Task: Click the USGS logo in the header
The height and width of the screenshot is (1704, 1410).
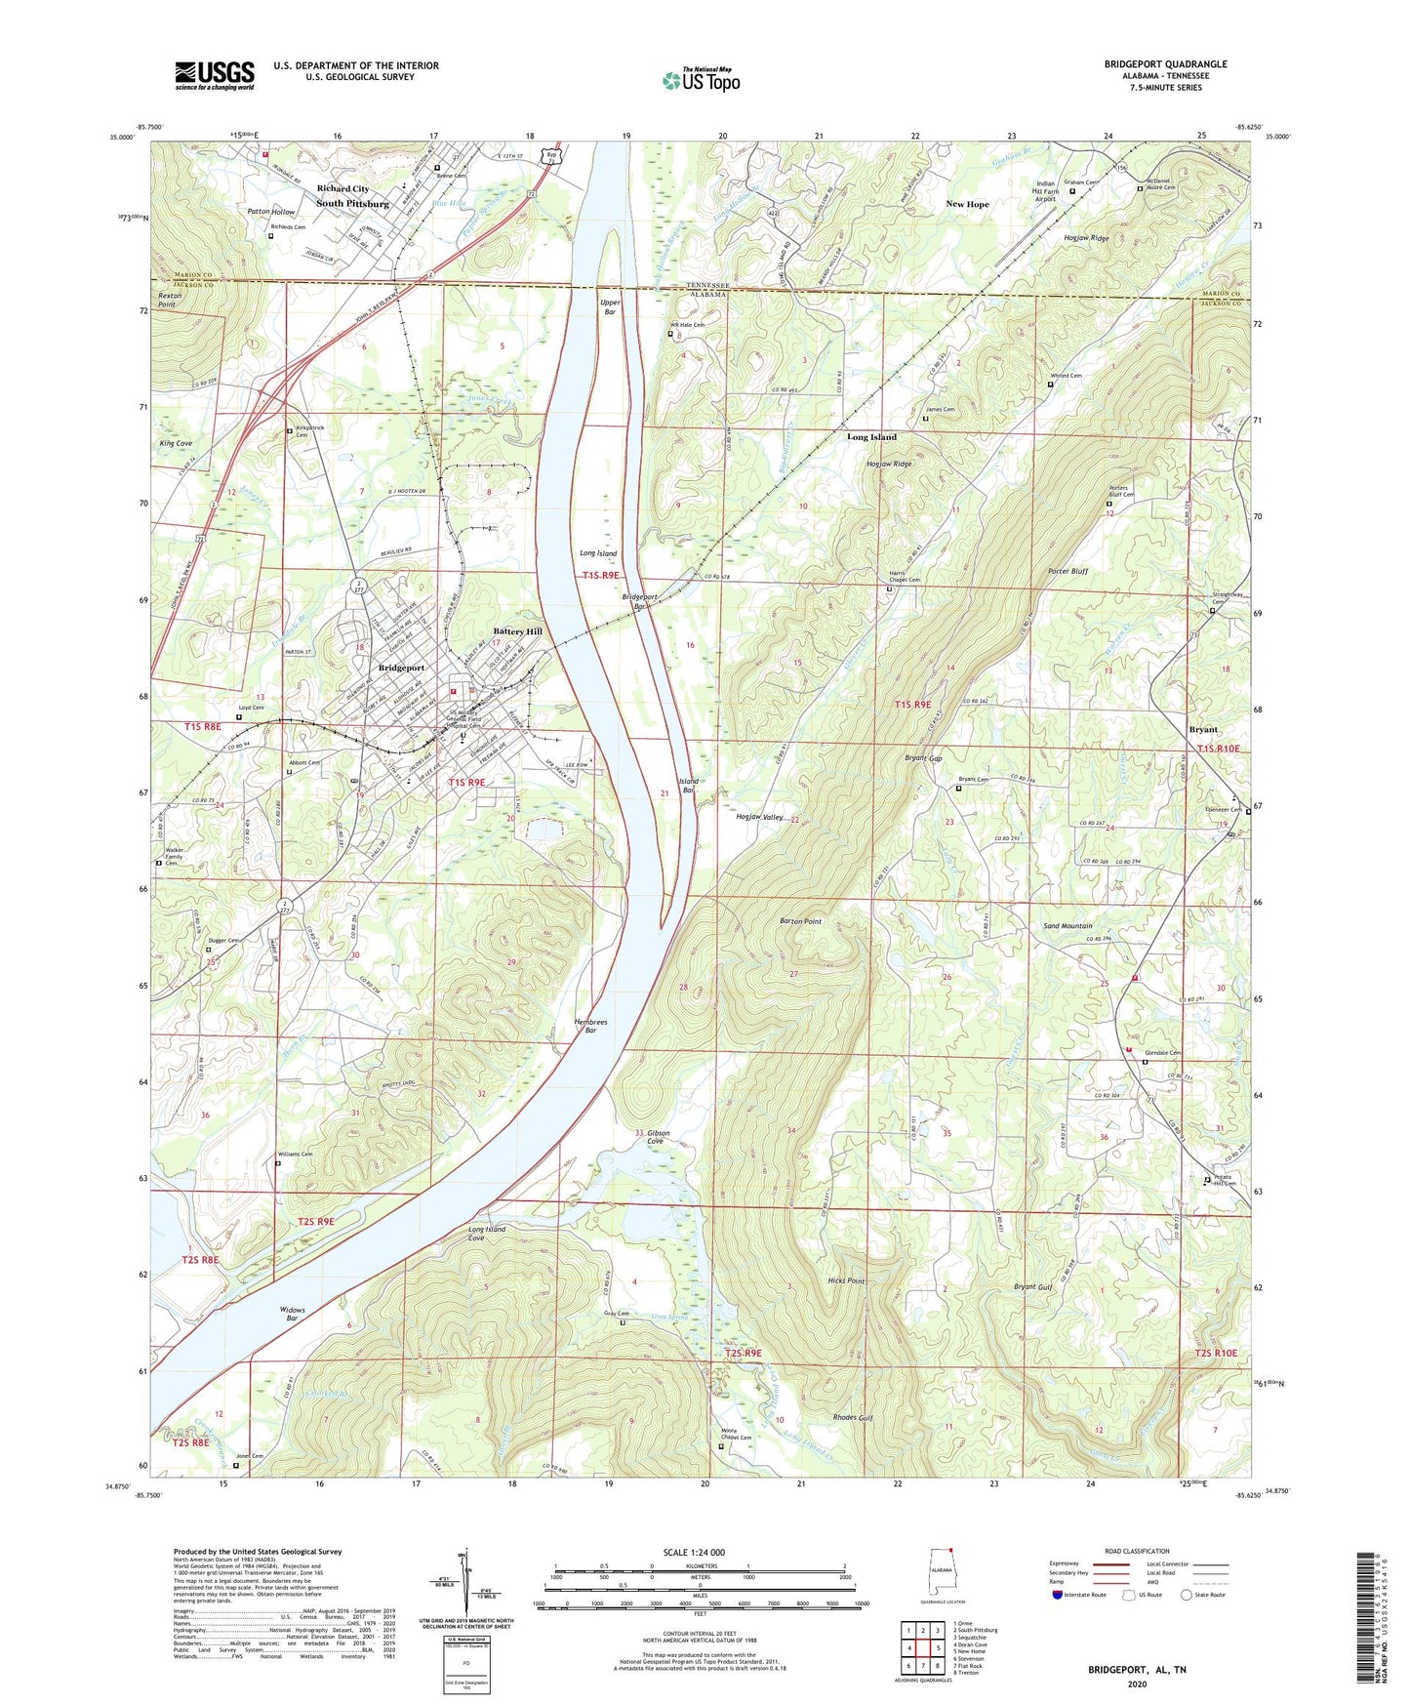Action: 215,75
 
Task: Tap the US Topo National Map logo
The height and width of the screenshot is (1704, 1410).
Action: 701,80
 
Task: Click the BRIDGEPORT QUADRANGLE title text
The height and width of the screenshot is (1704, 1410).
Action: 1165,64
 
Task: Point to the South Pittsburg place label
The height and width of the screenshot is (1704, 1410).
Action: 352,204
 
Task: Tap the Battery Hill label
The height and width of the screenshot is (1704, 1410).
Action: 517,631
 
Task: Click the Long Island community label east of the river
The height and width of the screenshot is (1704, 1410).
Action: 871,437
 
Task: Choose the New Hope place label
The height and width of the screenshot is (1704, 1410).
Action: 967,204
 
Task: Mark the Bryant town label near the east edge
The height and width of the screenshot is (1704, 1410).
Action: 1203,729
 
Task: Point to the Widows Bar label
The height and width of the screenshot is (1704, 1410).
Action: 292,1314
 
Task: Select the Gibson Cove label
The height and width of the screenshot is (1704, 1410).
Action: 655,1136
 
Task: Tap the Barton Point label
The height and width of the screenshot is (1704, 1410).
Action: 800,921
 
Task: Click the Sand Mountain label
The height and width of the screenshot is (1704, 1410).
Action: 1068,925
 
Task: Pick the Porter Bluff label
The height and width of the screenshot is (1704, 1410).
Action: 1068,571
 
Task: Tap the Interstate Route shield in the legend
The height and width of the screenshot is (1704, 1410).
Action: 1058,1595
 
